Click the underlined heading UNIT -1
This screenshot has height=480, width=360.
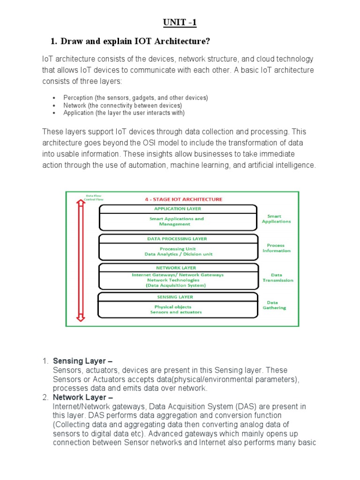(x=180, y=22)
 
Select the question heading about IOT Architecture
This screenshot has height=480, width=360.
(x=130, y=42)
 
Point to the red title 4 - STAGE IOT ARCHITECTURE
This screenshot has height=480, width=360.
(x=183, y=199)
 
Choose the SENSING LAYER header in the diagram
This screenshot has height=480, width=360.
(x=175, y=297)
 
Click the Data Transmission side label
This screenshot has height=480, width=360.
(x=277, y=277)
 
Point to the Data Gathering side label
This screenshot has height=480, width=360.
(x=276, y=305)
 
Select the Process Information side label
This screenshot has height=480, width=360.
(x=276, y=248)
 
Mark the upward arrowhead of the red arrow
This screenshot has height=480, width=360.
(x=81, y=203)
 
